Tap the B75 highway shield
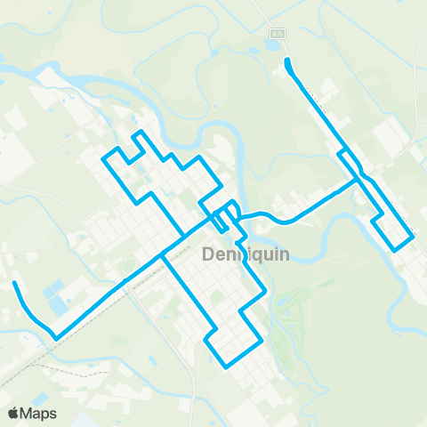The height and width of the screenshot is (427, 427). (276, 32)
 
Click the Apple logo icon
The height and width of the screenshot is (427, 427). (14, 413)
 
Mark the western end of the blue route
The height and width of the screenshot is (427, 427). (14, 284)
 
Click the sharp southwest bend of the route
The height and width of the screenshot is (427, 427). (56, 338)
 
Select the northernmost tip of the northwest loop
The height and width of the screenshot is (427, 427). (138, 133)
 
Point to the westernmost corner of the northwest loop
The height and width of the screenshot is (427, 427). (104, 159)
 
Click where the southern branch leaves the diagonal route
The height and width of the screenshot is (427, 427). (163, 256)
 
